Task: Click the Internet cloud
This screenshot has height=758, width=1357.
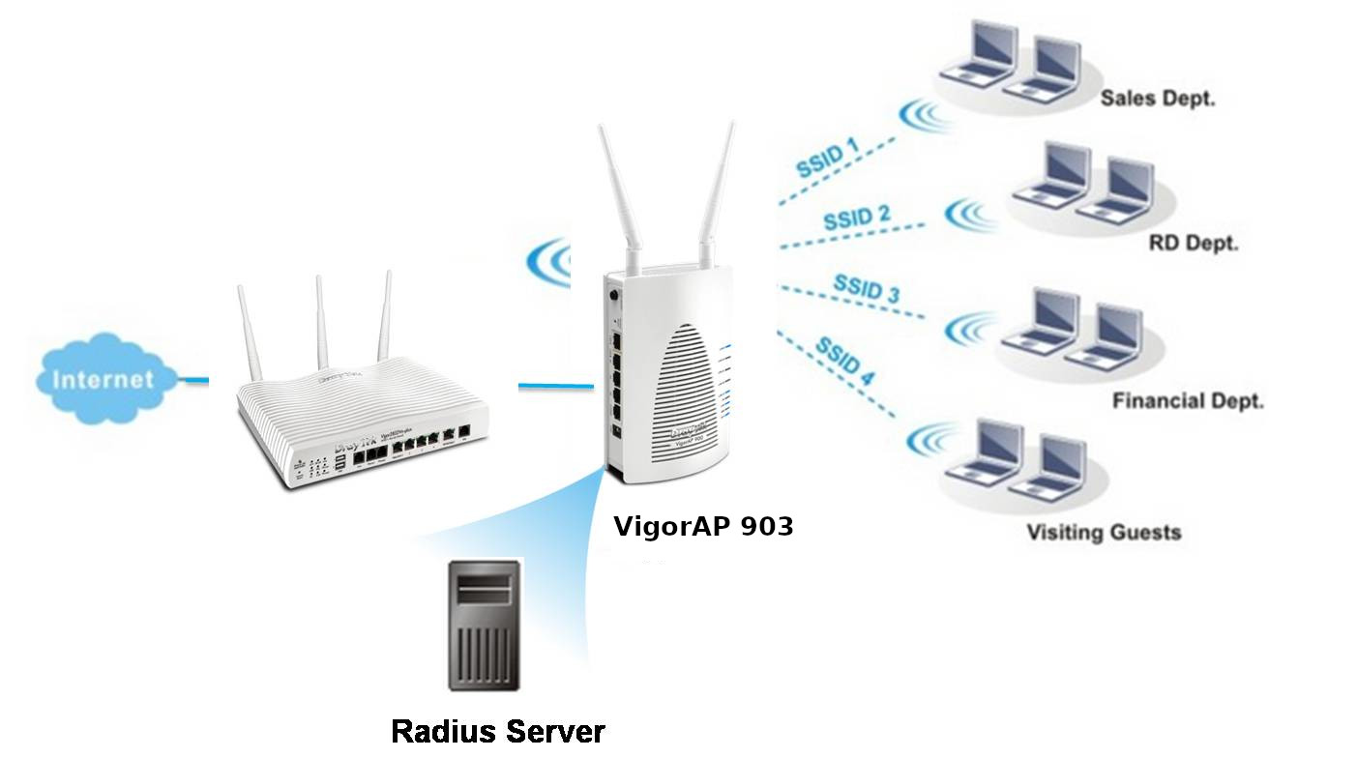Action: coord(103,378)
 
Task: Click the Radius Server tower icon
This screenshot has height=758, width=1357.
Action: coord(484,624)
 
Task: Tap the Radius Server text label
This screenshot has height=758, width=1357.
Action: coord(497,731)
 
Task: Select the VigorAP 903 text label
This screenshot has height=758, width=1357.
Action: coord(703,527)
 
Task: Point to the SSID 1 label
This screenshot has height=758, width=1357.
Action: coord(827,158)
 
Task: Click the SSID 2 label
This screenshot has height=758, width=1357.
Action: coord(856,218)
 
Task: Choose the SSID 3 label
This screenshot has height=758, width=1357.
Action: coord(865,290)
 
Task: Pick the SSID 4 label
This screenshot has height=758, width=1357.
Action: coord(843,360)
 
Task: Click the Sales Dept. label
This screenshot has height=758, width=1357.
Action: coord(1158,99)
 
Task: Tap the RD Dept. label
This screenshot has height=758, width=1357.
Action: coord(1193,244)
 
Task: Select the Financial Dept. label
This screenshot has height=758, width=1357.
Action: coord(1188,400)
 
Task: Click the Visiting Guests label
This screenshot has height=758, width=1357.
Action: coord(1104,532)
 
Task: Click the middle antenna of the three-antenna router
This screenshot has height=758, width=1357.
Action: coord(320,324)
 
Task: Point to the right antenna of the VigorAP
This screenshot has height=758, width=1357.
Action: coord(720,193)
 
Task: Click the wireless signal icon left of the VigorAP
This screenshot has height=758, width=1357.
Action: coord(548,261)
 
